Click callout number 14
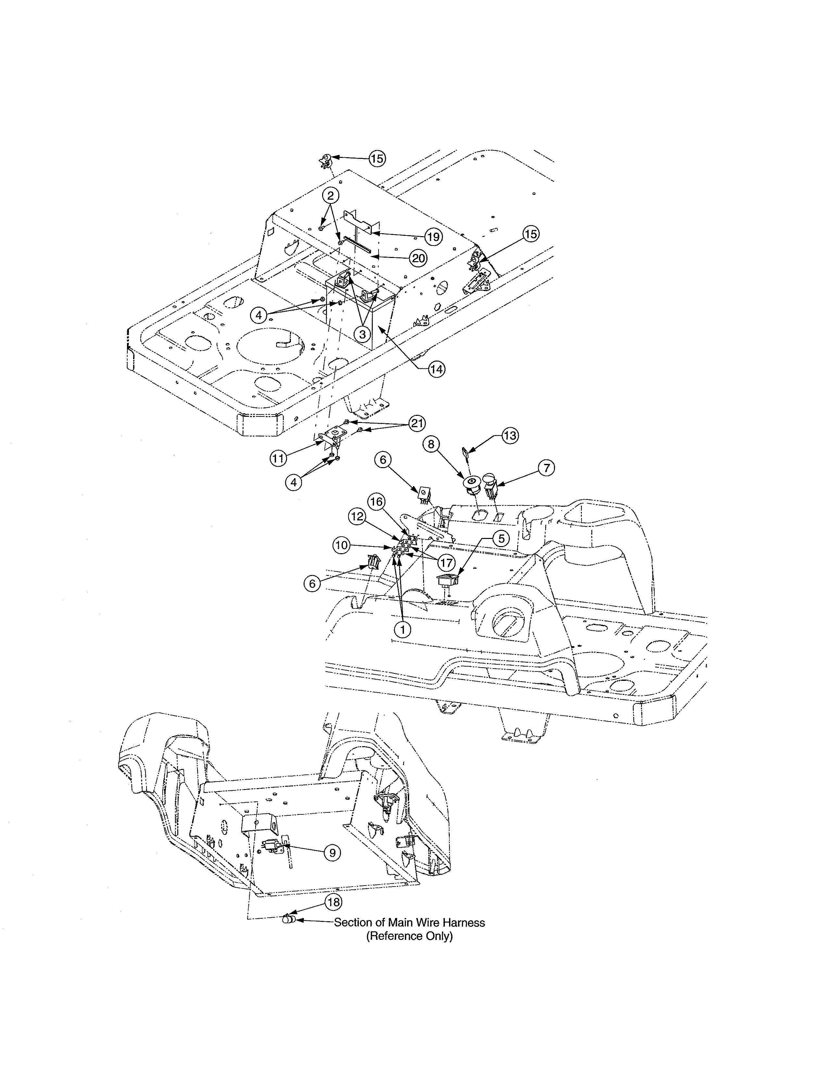click(436, 369)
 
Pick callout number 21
click(417, 423)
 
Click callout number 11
click(278, 458)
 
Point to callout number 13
click(510, 435)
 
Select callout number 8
click(431, 444)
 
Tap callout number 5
click(500, 539)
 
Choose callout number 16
click(377, 501)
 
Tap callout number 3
click(362, 335)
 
